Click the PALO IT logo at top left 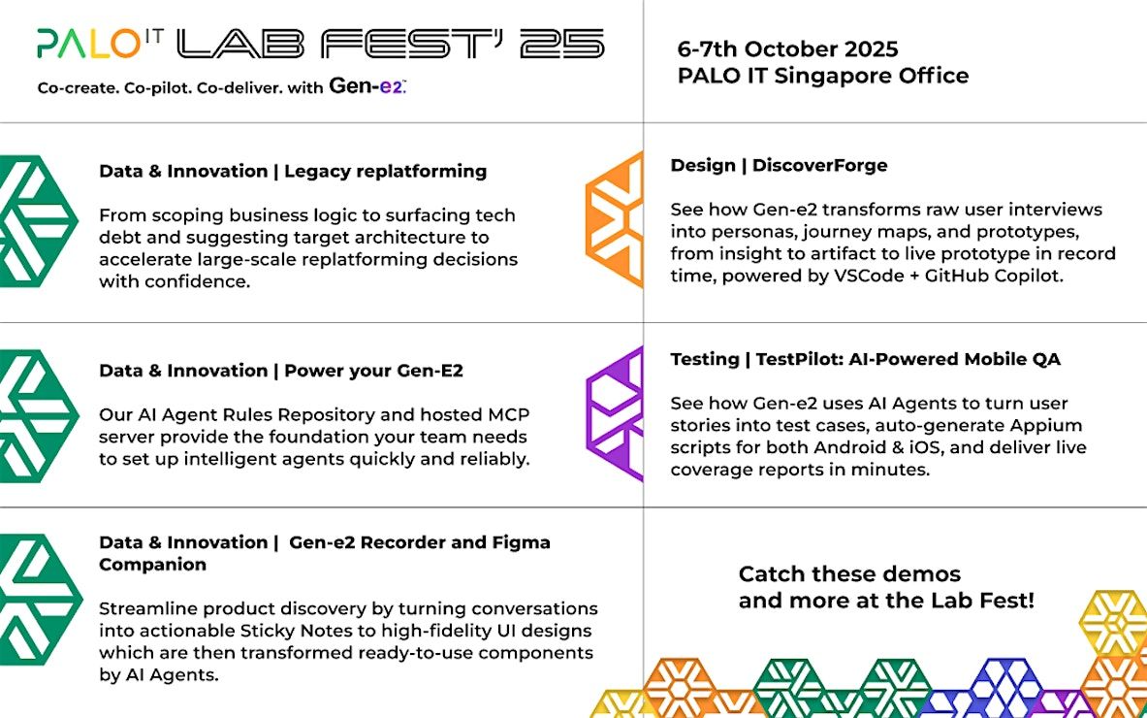pos(100,44)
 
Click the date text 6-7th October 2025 pos(788,49)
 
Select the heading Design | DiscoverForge pos(780,165)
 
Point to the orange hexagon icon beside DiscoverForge pos(615,219)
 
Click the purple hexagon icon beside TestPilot pos(615,413)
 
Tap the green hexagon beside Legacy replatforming pos(38,221)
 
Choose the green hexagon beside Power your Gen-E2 pos(38,415)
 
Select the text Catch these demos pos(849,573)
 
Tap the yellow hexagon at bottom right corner pos(1114,622)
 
